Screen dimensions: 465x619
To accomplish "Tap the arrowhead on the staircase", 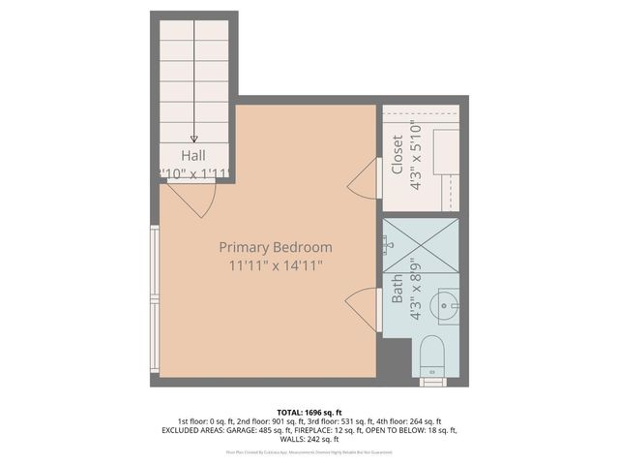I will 194,139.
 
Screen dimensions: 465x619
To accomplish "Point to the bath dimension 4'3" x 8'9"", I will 416,288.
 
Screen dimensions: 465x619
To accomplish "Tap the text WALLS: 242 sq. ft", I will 309,440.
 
